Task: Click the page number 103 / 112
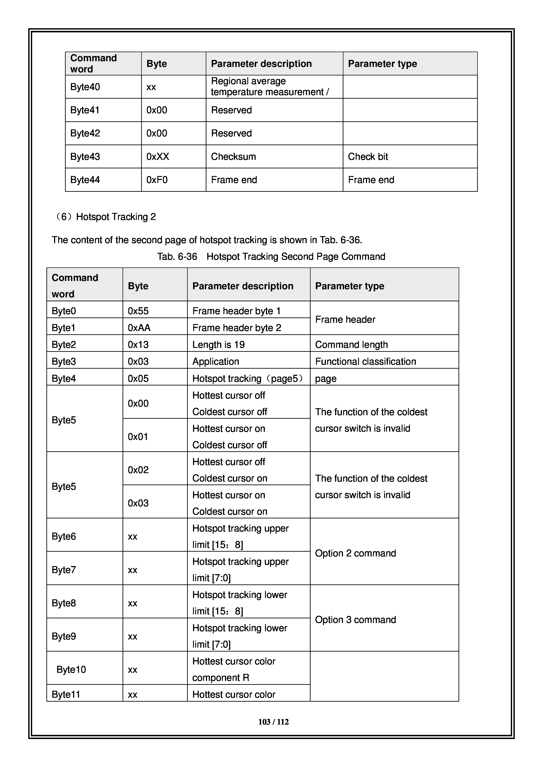click(x=273, y=722)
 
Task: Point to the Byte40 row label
click(x=85, y=87)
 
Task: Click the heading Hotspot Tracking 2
click(x=116, y=217)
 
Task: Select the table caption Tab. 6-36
click(x=271, y=256)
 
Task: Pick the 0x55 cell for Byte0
click(x=138, y=311)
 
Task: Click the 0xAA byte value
click(x=139, y=328)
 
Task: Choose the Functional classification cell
click(x=366, y=361)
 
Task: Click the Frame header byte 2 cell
click(x=237, y=328)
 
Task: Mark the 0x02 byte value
click(x=138, y=470)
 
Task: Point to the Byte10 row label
click(x=71, y=669)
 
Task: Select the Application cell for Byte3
click(x=216, y=361)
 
